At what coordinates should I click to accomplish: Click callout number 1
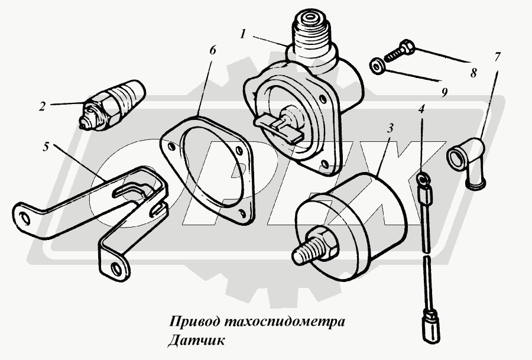click(243, 34)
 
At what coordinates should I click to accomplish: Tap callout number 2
click(42, 106)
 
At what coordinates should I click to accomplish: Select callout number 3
click(391, 128)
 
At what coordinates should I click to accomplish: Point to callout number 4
click(421, 109)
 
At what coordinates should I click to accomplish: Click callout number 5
click(46, 147)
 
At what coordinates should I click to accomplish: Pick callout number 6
click(212, 50)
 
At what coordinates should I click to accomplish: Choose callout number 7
click(497, 57)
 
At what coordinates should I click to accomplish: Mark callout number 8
click(473, 73)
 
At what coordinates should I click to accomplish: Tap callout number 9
click(445, 92)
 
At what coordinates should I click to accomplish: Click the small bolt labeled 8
click(400, 51)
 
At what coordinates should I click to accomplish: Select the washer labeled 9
click(377, 67)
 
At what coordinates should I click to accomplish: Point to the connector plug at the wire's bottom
click(431, 327)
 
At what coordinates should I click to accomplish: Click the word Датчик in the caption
click(196, 340)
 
